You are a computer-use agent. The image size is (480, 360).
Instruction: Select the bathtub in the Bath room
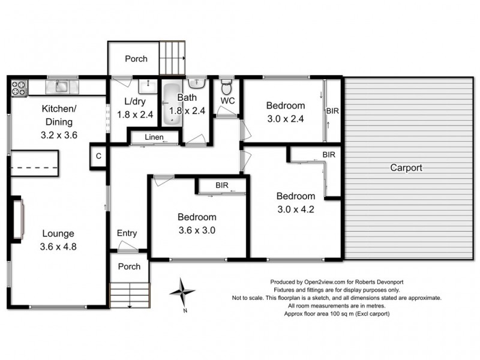point(172,104)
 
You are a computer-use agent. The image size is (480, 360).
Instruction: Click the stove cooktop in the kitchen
point(19,89)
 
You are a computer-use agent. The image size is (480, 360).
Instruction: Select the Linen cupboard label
point(155,138)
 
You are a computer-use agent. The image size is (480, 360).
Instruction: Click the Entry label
point(127,233)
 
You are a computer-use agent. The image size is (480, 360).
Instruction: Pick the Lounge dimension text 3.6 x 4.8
point(58,247)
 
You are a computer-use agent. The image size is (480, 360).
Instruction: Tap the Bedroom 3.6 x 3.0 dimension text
point(197,230)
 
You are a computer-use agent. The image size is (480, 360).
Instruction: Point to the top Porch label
point(136,59)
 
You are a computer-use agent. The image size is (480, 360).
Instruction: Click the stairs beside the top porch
point(173,57)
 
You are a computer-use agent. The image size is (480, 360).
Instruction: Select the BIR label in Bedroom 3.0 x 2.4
point(332,111)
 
